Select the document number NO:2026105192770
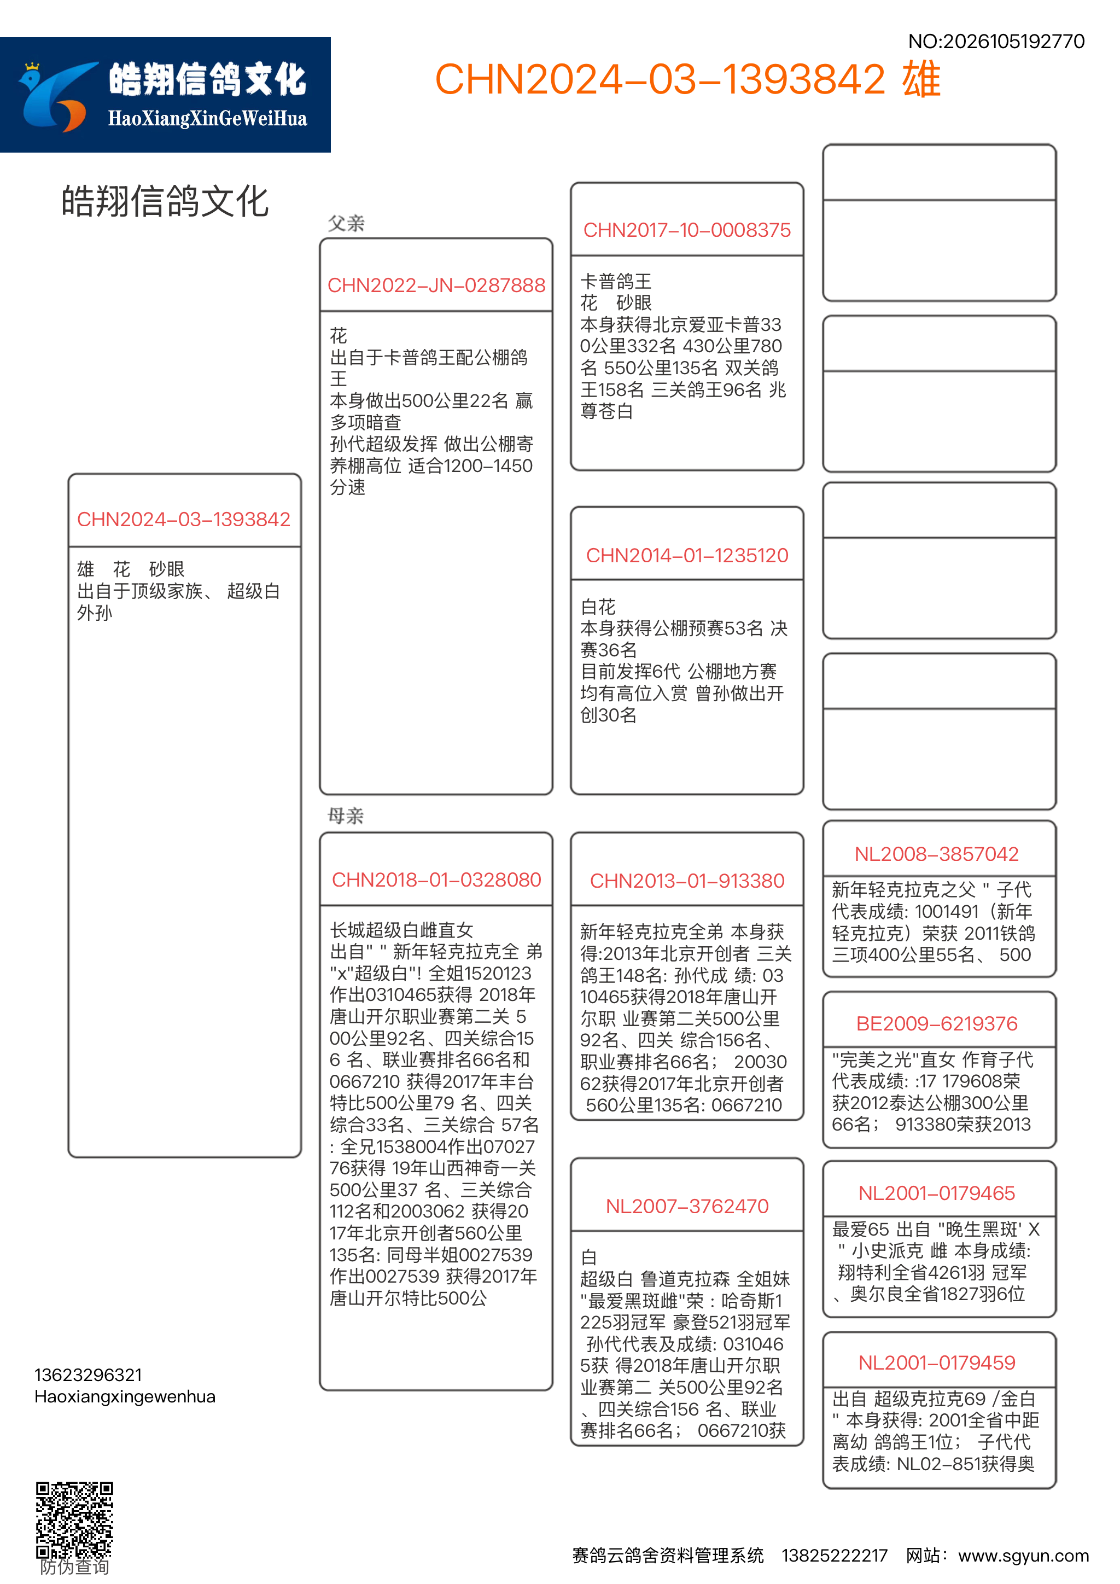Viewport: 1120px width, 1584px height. (996, 42)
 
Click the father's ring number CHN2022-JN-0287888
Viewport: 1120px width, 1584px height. (436, 285)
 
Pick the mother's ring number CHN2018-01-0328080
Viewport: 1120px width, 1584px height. (436, 880)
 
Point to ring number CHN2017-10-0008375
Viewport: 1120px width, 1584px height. (687, 230)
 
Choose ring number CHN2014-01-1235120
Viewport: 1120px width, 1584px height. (687, 555)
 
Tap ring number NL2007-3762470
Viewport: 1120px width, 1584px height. (687, 1206)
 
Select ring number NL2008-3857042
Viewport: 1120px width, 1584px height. (937, 854)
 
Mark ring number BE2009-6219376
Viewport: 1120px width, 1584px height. (937, 1024)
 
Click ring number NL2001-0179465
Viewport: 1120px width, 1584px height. (937, 1193)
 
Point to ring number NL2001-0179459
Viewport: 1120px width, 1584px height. (937, 1362)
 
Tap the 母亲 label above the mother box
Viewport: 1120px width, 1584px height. (346, 816)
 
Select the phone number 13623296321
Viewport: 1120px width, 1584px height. (88, 1375)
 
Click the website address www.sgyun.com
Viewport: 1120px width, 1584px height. (1023, 1556)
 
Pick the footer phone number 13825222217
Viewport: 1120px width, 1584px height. (834, 1556)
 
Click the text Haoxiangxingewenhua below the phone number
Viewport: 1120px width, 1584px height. (125, 1396)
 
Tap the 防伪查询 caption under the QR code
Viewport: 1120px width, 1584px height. (74, 1568)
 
